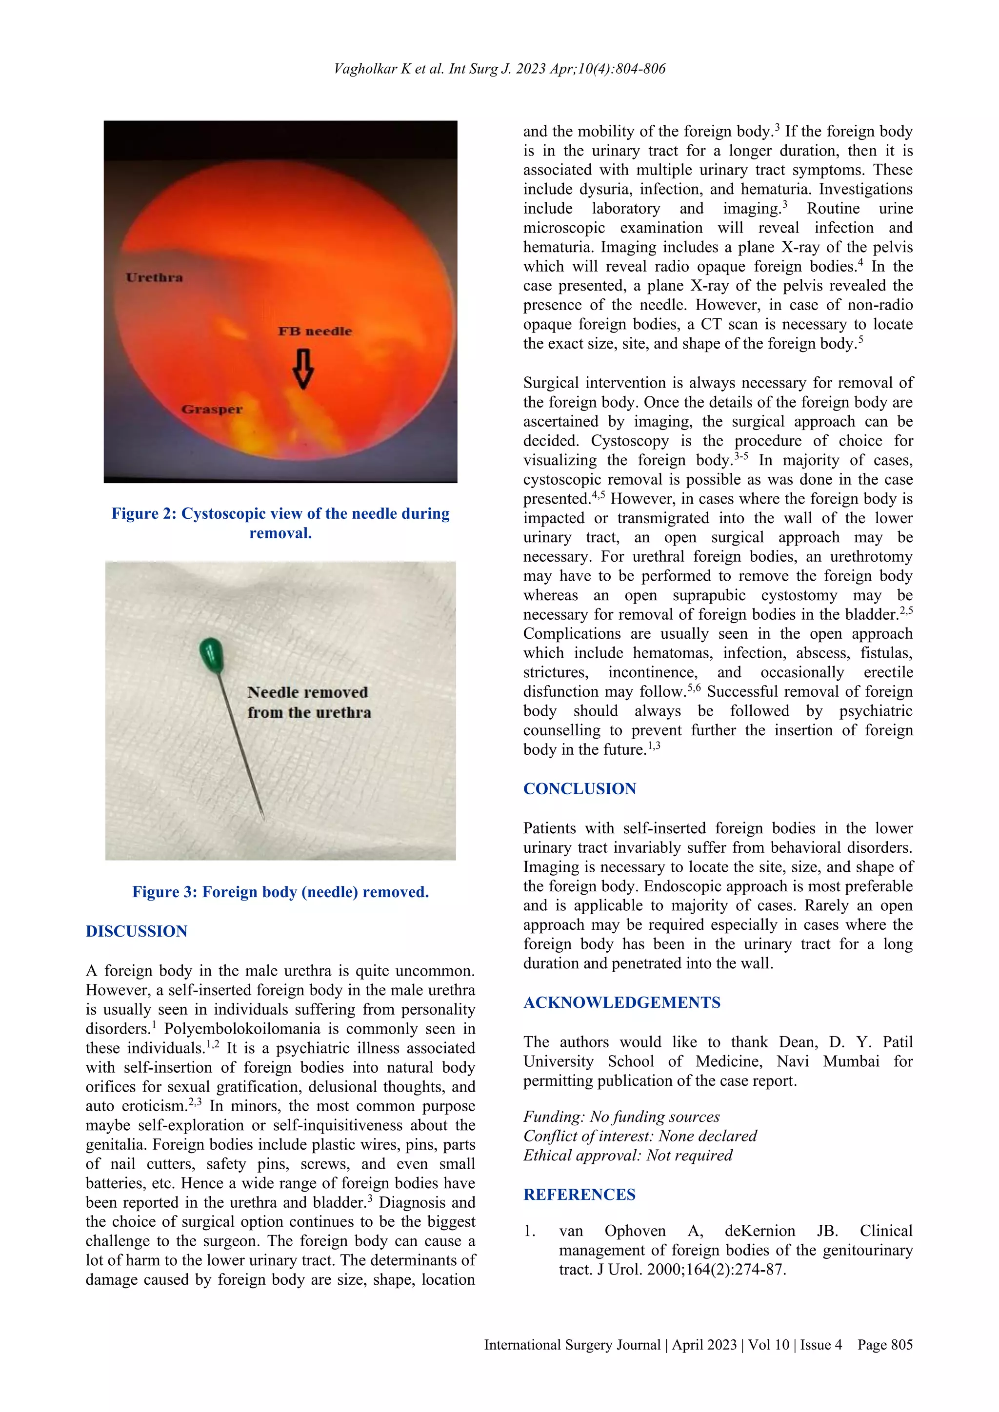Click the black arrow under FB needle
tap(302, 369)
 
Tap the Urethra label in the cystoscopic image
tap(155, 277)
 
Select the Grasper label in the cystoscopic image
tap(212, 410)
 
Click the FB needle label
tap(315, 332)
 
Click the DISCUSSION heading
tap(137, 931)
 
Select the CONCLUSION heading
tap(579, 788)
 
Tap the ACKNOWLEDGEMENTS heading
tap(622, 1002)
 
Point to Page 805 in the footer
tap(884, 1345)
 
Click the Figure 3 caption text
tap(280, 892)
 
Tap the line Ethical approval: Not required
tap(627, 1155)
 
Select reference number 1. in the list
tap(530, 1231)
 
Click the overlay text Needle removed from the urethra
tap(308, 702)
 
